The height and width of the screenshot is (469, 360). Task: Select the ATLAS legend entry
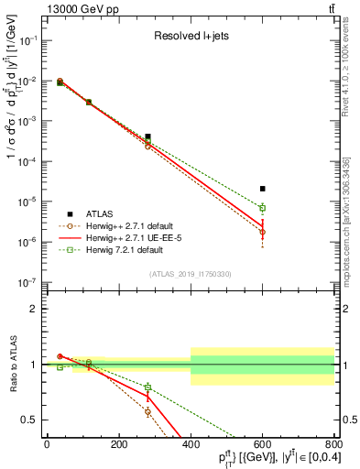pyautogui.click(x=89, y=213)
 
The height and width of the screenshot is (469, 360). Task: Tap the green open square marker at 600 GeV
pyautogui.click(x=262, y=208)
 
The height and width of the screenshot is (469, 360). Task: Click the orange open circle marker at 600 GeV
pyautogui.click(x=262, y=232)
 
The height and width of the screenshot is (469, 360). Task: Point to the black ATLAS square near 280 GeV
pyautogui.click(x=147, y=136)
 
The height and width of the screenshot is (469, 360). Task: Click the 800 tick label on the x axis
pyautogui.click(x=333, y=446)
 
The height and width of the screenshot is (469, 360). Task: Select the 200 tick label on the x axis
pyautogui.click(x=118, y=446)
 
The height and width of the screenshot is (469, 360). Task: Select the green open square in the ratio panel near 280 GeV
pyautogui.click(x=147, y=387)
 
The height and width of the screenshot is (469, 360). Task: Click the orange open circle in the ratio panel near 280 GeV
pyautogui.click(x=147, y=412)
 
